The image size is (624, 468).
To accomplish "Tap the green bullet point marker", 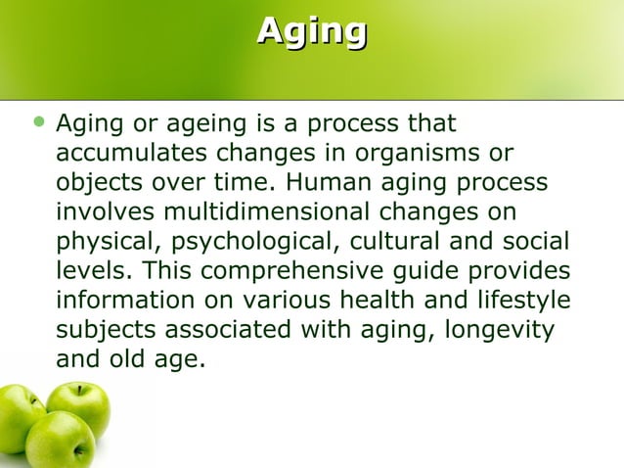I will (38, 124).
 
